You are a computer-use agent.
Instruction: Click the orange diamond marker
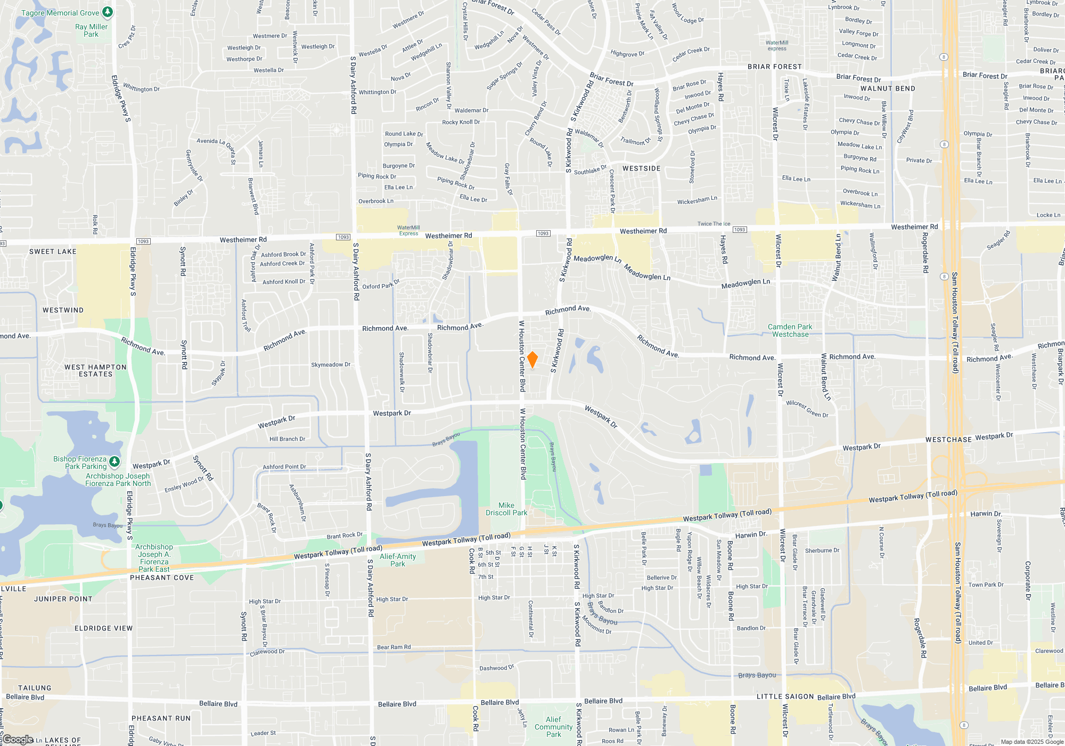(x=532, y=359)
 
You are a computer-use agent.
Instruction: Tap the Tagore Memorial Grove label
(x=60, y=13)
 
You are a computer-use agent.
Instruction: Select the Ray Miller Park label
(x=91, y=30)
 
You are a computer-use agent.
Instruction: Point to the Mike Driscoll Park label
(x=506, y=509)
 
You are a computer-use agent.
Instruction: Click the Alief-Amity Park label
(x=398, y=560)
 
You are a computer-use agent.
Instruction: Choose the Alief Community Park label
(x=553, y=727)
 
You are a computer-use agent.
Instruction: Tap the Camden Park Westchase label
(x=790, y=330)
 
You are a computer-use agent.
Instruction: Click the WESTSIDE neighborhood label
(x=641, y=168)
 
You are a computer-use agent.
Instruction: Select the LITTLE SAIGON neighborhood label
(x=785, y=696)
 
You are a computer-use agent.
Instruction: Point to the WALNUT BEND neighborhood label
(x=888, y=88)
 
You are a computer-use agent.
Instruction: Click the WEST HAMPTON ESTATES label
(x=95, y=370)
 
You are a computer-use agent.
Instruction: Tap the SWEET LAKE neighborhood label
(x=53, y=252)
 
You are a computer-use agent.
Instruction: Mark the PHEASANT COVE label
(x=162, y=578)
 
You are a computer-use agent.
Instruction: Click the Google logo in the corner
(x=18, y=740)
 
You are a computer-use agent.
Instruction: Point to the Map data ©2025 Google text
(x=1032, y=742)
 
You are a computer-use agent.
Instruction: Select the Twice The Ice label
(x=714, y=224)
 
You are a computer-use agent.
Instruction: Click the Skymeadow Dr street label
(x=331, y=365)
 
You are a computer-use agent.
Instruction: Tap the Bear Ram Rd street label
(x=394, y=647)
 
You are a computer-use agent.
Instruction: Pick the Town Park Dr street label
(x=986, y=585)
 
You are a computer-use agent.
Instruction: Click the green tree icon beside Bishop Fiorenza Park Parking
(x=114, y=460)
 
